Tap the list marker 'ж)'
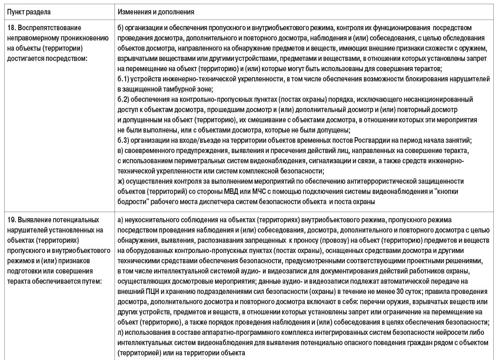121,180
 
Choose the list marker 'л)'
121,332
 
